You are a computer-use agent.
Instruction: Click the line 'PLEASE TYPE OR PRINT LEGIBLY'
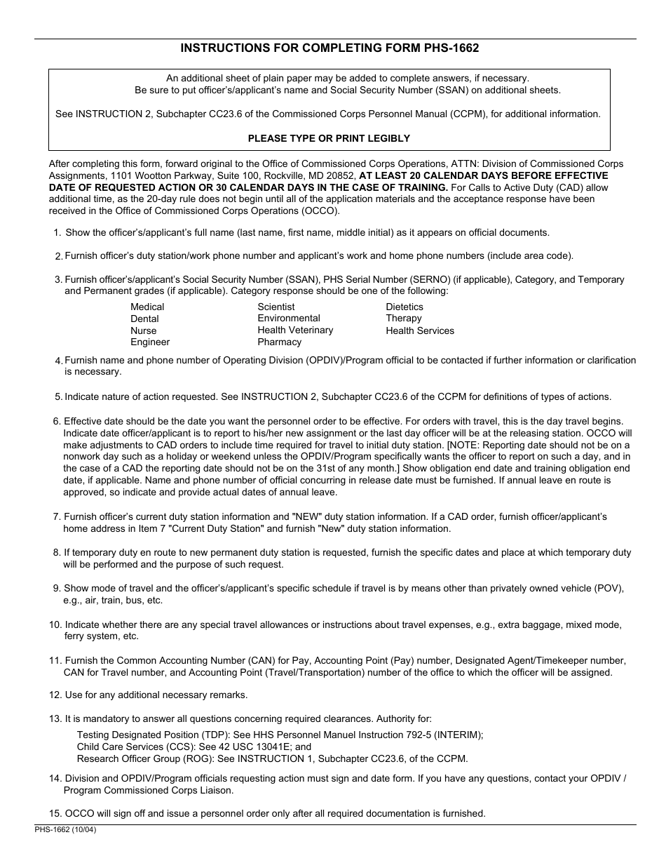(329, 138)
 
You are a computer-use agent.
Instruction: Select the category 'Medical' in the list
(147, 307)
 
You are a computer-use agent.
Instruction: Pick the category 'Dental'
(144, 319)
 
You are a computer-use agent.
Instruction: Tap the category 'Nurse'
(144, 330)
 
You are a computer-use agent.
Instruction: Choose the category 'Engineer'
(150, 342)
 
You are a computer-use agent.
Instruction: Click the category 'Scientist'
(276, 307)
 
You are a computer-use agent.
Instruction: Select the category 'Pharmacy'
(279, 342)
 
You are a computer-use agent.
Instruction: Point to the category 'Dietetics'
(405, 307)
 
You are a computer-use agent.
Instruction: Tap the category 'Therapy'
(404, 319)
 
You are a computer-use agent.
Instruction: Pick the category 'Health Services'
(420, 330)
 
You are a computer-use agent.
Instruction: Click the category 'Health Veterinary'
(295, 330)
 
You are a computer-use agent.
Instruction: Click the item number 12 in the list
(55, 695)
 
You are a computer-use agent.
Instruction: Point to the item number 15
(55, 814)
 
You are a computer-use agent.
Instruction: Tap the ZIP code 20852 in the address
(341, 176)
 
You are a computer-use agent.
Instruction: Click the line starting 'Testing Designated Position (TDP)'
(280, 735)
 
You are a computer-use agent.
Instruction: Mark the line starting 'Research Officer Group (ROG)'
(272, 758)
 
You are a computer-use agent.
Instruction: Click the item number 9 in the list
(57, 589)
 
